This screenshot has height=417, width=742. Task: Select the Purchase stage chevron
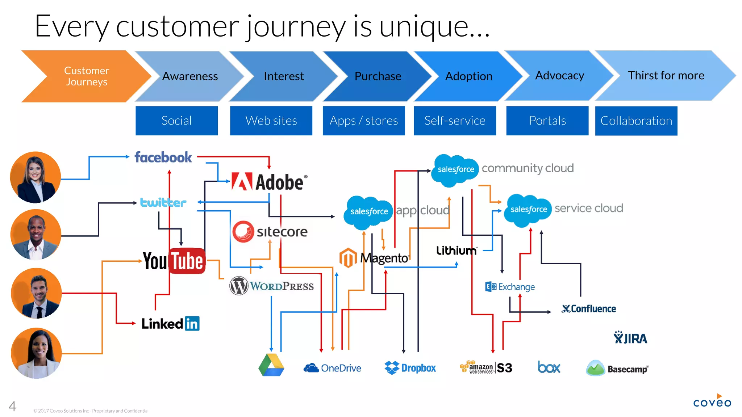point(378,76)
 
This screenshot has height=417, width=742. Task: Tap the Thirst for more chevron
point(666,75)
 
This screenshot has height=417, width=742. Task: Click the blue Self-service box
point(455,121)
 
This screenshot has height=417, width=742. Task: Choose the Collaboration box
point(636,121)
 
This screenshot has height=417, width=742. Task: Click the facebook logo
point(163,157)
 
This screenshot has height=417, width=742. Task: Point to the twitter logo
point(163,202)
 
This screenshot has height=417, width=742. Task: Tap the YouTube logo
point(174,261)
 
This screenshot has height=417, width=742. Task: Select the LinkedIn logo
point(170,323)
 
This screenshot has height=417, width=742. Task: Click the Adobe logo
point(269,182)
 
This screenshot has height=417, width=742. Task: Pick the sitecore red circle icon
point(243,231)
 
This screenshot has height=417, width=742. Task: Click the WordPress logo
point(271,286)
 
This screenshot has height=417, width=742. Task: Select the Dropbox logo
point(410,368)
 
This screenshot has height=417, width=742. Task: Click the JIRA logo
point(630,338)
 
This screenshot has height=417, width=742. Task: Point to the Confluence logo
point(589,309)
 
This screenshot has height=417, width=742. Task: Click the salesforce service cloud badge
point(528,209)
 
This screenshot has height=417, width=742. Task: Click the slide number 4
point(12,406)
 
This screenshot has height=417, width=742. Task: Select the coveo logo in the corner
point(712,402)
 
